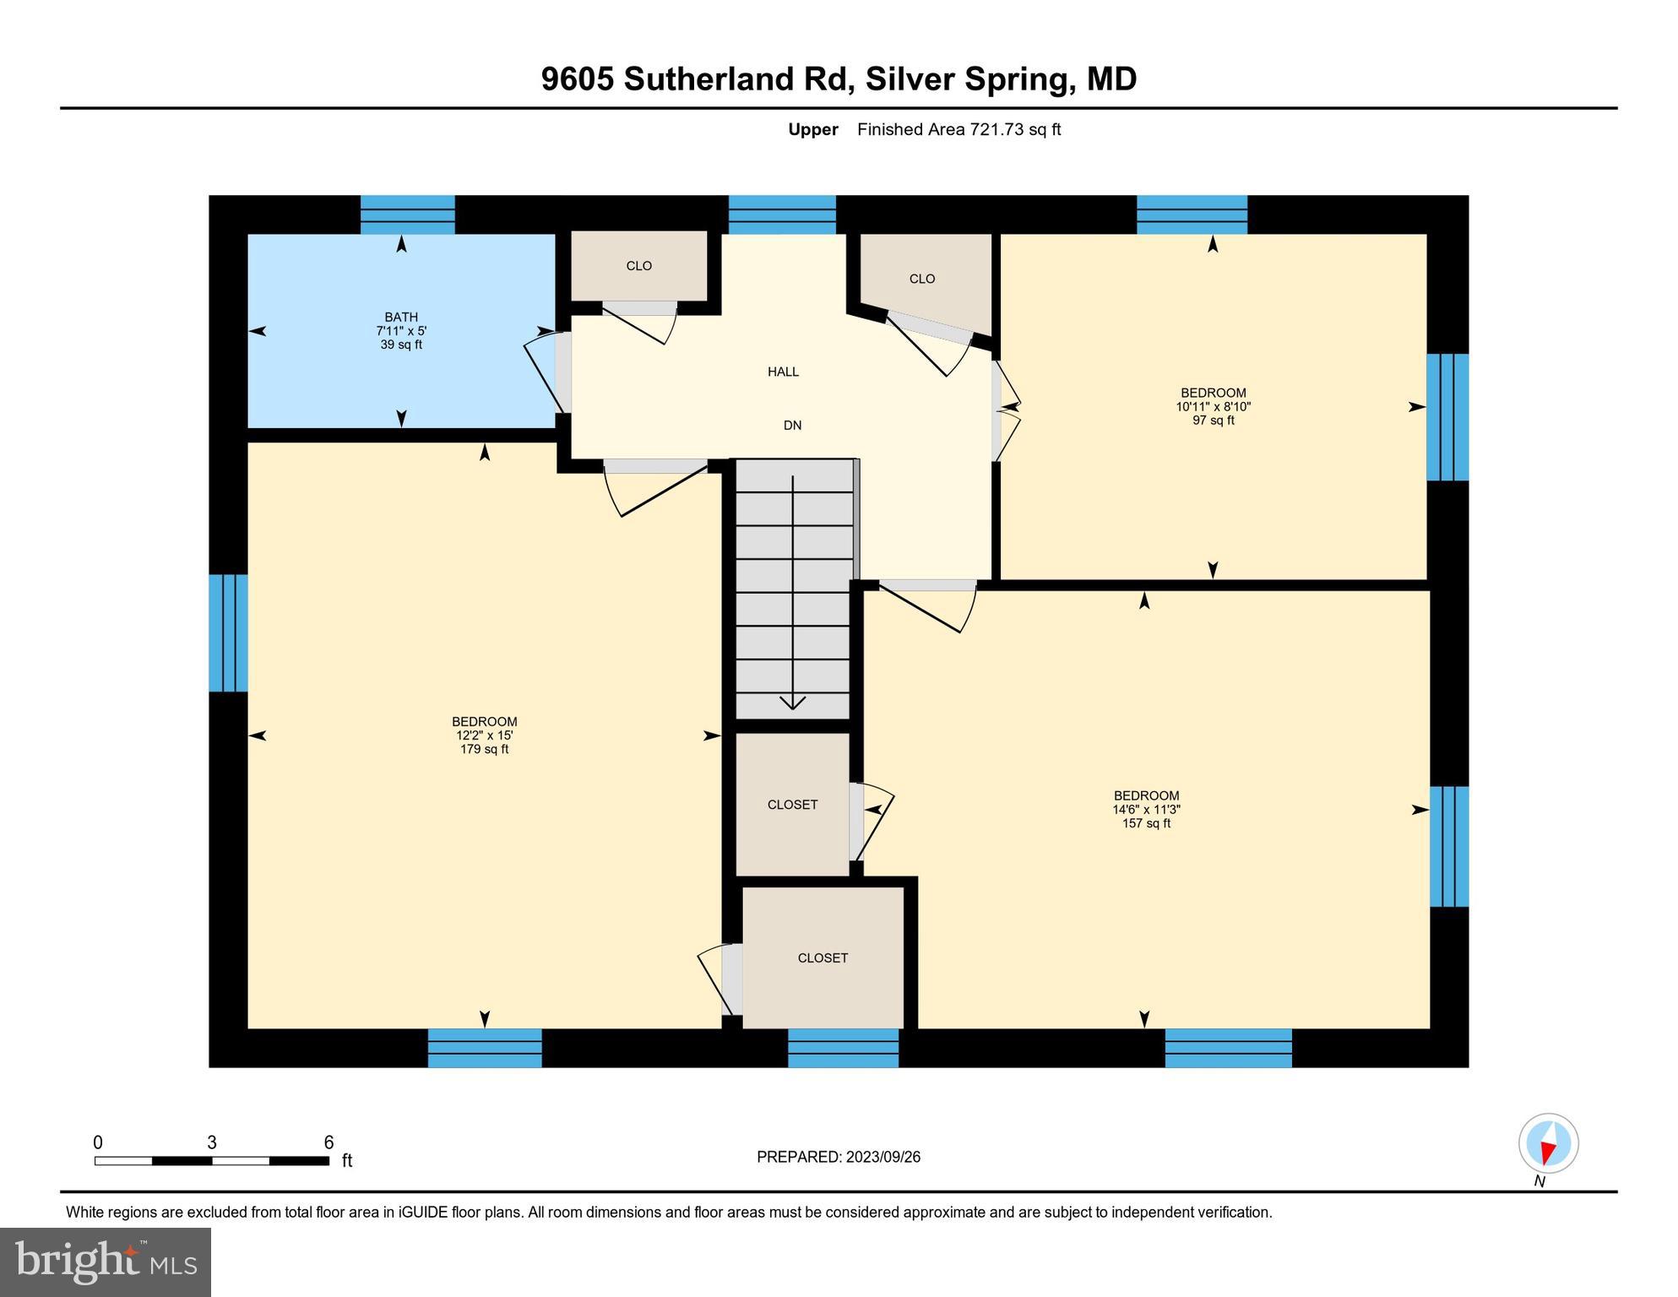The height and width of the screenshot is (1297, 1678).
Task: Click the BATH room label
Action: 401,317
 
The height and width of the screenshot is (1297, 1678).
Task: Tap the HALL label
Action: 783,372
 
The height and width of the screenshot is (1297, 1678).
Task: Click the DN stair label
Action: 792,426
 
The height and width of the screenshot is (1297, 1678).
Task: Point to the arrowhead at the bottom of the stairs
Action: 792,703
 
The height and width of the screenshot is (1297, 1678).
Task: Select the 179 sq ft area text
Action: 484,749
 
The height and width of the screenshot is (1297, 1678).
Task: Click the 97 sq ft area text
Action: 1213,421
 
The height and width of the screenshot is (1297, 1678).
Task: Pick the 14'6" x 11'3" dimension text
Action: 1146,809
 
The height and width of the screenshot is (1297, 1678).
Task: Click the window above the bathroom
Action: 407,214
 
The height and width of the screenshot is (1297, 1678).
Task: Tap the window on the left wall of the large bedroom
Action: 228,632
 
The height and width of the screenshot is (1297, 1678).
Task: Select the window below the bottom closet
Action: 843,1048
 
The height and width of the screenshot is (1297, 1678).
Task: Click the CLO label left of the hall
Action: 638,266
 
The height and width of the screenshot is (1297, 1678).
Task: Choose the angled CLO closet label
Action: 922,279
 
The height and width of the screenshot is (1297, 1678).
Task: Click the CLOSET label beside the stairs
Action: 792,805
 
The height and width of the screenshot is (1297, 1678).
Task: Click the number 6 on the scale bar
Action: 329,1142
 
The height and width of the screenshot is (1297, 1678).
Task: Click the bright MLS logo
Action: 106,1262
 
